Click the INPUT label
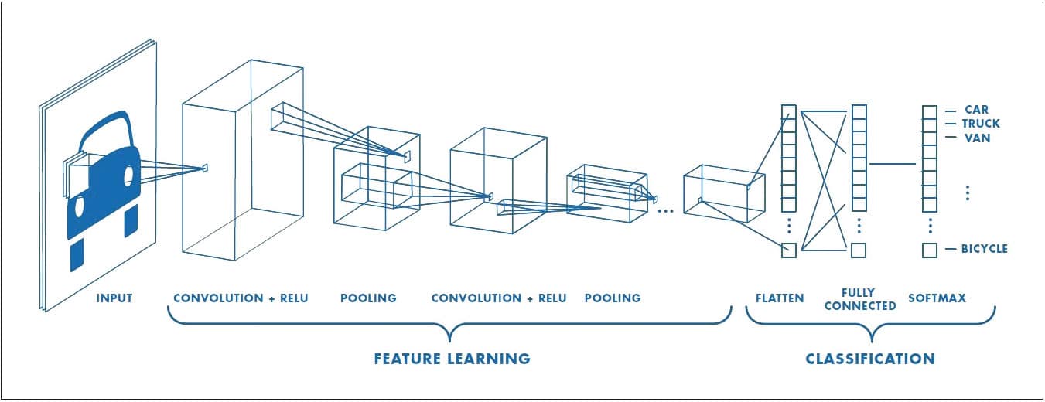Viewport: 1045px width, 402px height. pyautogui.click(x=114, y=298)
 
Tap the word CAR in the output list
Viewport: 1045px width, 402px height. pyautogui.click(x=977, y=110)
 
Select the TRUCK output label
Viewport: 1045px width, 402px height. pyautogui.click(x=981, y=124)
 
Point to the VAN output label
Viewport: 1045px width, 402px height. pyautogui.click(x=977, y=138)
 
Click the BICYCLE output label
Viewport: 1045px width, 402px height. pyautogui.click(x=985, y=249)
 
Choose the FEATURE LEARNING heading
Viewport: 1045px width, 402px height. pyautogui.click(x=452, y=359)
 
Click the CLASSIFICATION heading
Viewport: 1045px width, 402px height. pyautogui.click(x=870, y=359)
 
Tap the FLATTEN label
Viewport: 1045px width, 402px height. pyautogui.click(x=780, y=298)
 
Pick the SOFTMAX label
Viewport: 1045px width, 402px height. pyautogui.click(x=937, y=298)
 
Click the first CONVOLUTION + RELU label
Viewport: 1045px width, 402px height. pyautogui.click(x=241, y=298)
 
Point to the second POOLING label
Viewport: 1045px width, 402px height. pyautogui.click(x=613, y=298)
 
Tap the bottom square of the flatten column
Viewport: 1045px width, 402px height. pyautogui.click(x=789, y=250)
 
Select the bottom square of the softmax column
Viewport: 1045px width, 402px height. pyautogui.click(x=930, y=250)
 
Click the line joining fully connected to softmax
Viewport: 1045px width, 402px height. pyautogui.click(x=893, y=163)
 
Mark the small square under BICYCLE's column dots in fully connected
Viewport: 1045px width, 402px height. pyautogui.click(x=859, y=250)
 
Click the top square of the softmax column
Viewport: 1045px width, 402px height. pyautogui.click(x=930, y=111)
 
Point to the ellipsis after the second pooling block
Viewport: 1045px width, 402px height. pyautogui.click(x=664, y=210)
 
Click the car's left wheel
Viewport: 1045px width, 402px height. pyautogui.click(x=77, y=254)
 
